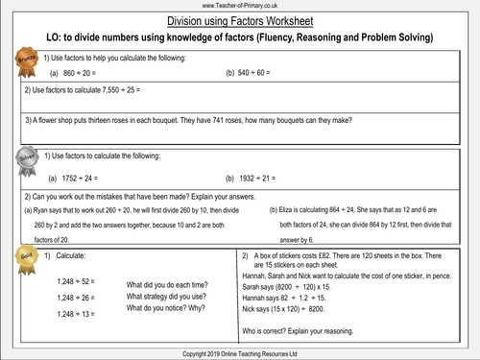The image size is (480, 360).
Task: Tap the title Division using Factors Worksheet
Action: click(239, 20)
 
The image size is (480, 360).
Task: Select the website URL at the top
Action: click(239, 6)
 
